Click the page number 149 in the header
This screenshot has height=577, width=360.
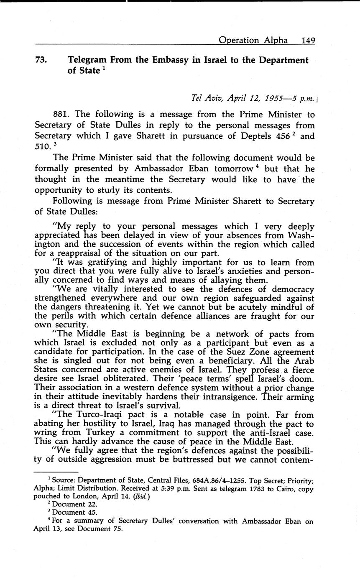[x=308, y=40]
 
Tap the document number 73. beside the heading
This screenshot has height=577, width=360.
[x=41, y=60]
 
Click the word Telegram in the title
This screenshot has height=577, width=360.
[x=87, y=60]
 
